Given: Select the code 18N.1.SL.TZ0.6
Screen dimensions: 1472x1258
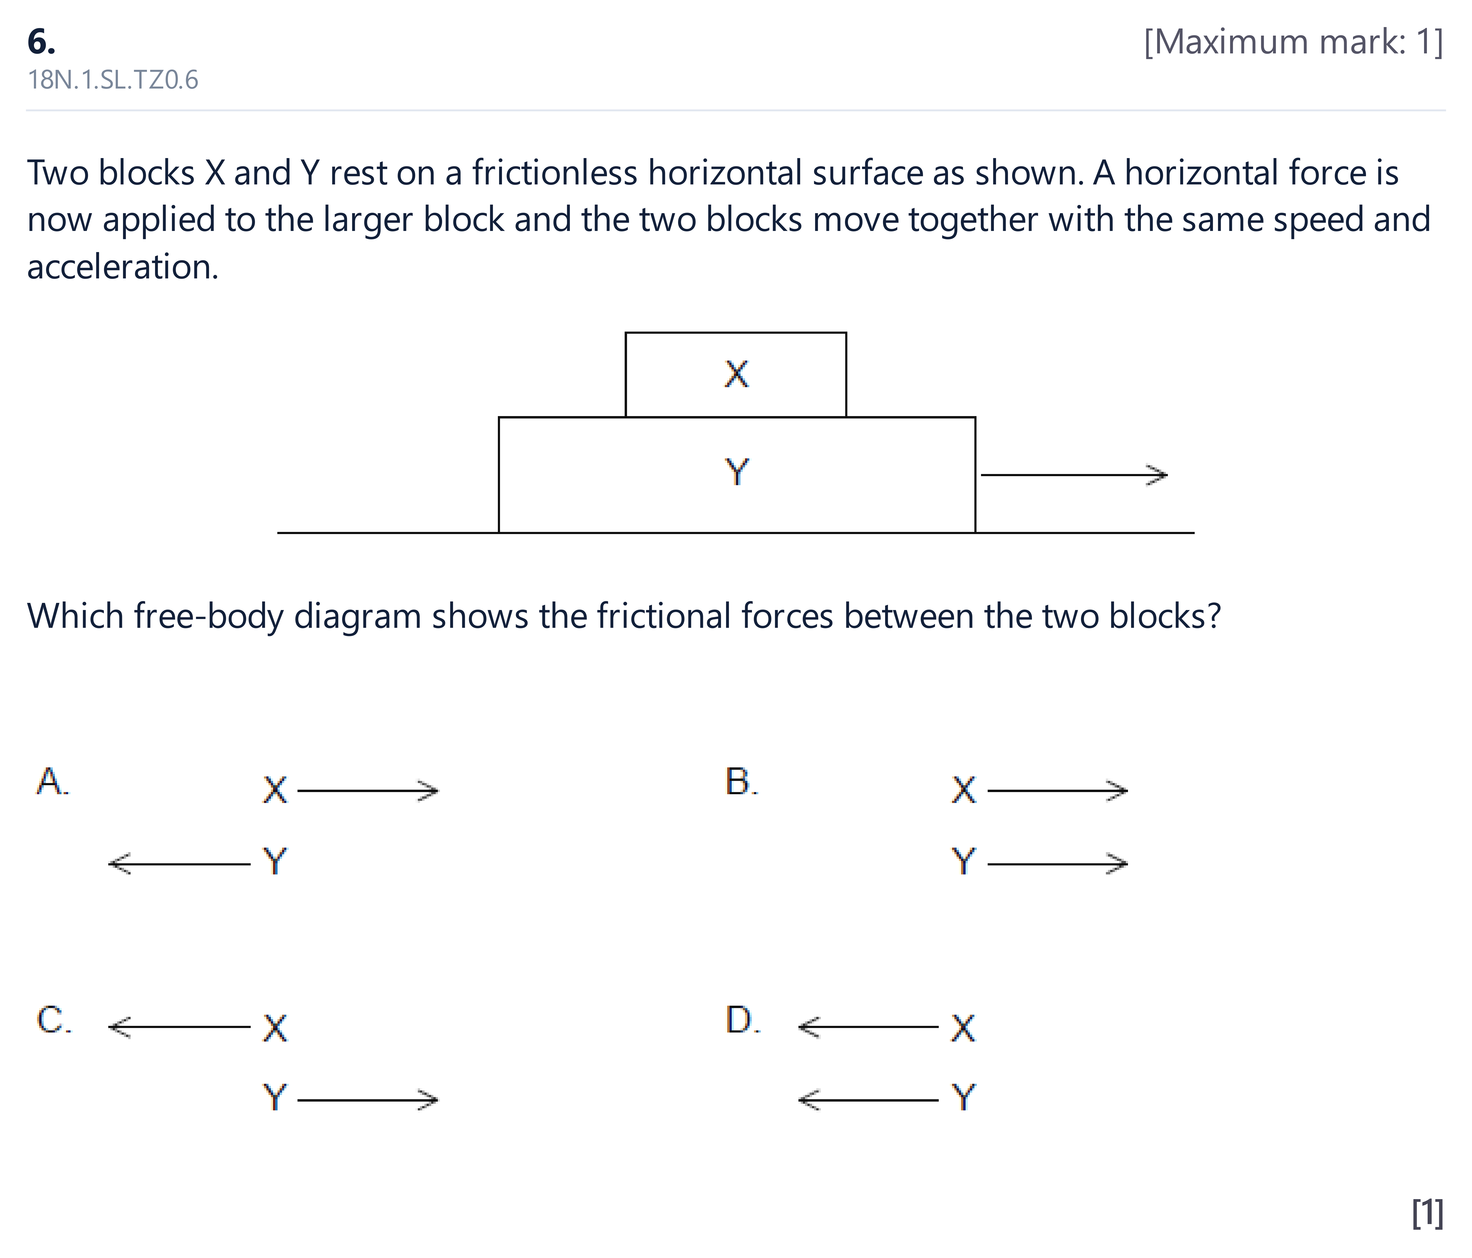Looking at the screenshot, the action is tap(113, 80).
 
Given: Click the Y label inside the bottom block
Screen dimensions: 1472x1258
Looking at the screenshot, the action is tap(737, 472).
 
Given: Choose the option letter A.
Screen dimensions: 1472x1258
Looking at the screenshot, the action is tap(52, 781).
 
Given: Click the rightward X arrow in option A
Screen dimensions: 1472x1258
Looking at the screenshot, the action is tap(368, 790).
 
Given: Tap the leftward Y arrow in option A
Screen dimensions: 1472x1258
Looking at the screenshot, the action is tap(179, 864).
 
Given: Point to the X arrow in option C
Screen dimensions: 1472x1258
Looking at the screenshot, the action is tap(179, 1026).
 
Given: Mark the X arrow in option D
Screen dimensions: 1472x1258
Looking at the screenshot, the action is tap(868, 1026).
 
